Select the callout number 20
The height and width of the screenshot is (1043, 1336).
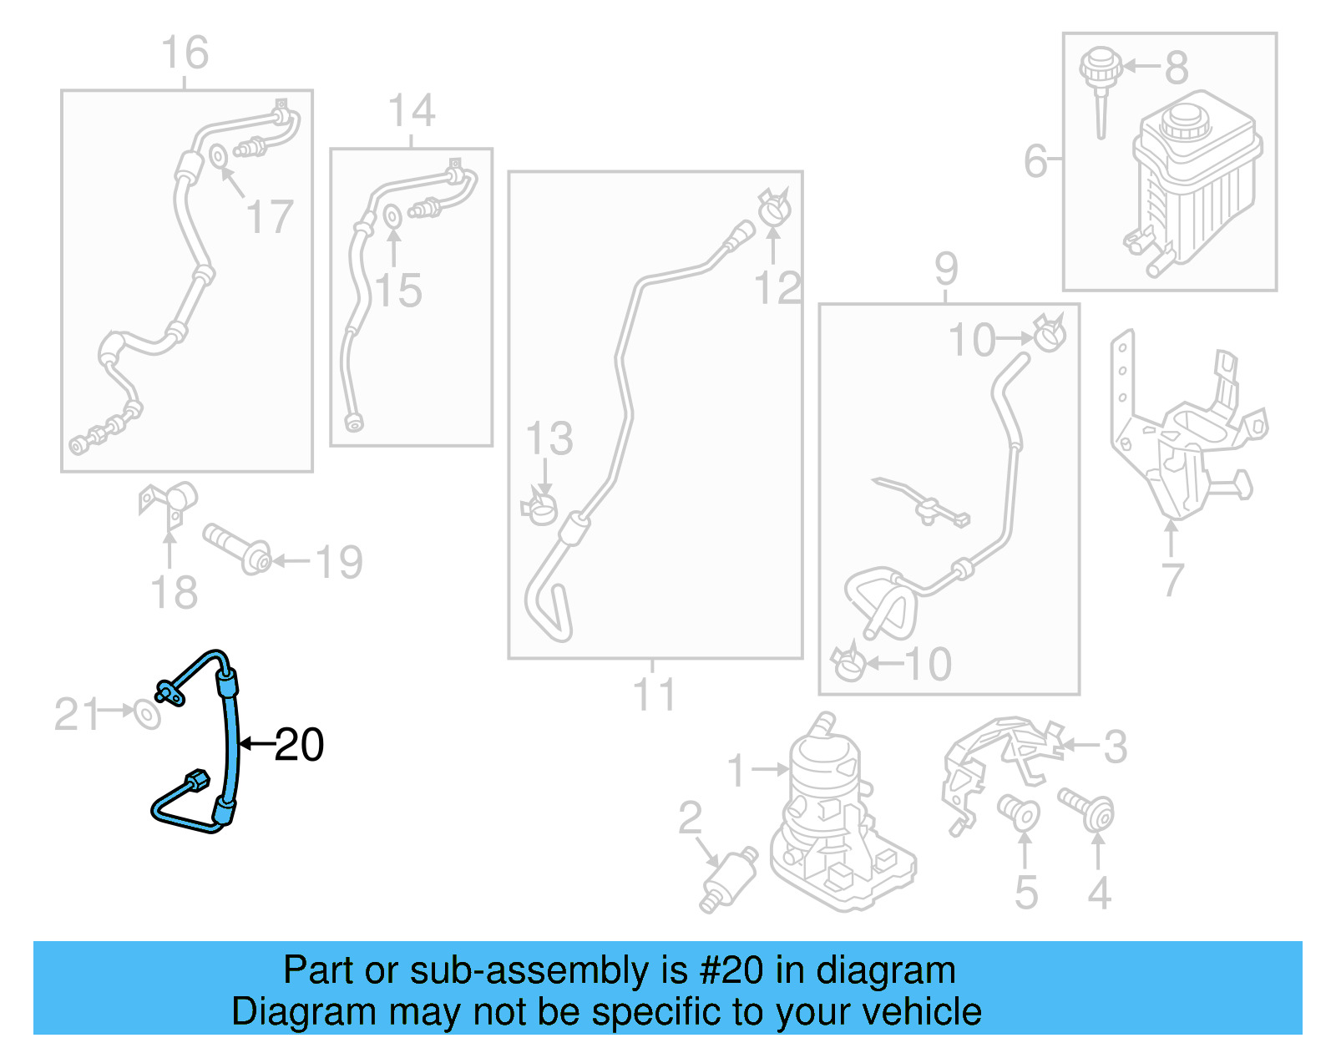(299, 744)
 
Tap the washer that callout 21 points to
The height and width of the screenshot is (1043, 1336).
(148, 715)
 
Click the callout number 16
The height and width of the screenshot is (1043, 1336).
(185, 53)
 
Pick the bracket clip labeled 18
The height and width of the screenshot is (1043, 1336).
(170, 504)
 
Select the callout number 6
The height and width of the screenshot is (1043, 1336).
(1035, 161)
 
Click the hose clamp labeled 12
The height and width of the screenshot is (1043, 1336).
(776, 206)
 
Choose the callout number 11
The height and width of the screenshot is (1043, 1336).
(654, 695)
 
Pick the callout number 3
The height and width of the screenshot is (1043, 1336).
(1115, 747)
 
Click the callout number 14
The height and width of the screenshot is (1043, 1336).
(412, 111)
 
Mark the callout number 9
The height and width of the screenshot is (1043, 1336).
(946, 269)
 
